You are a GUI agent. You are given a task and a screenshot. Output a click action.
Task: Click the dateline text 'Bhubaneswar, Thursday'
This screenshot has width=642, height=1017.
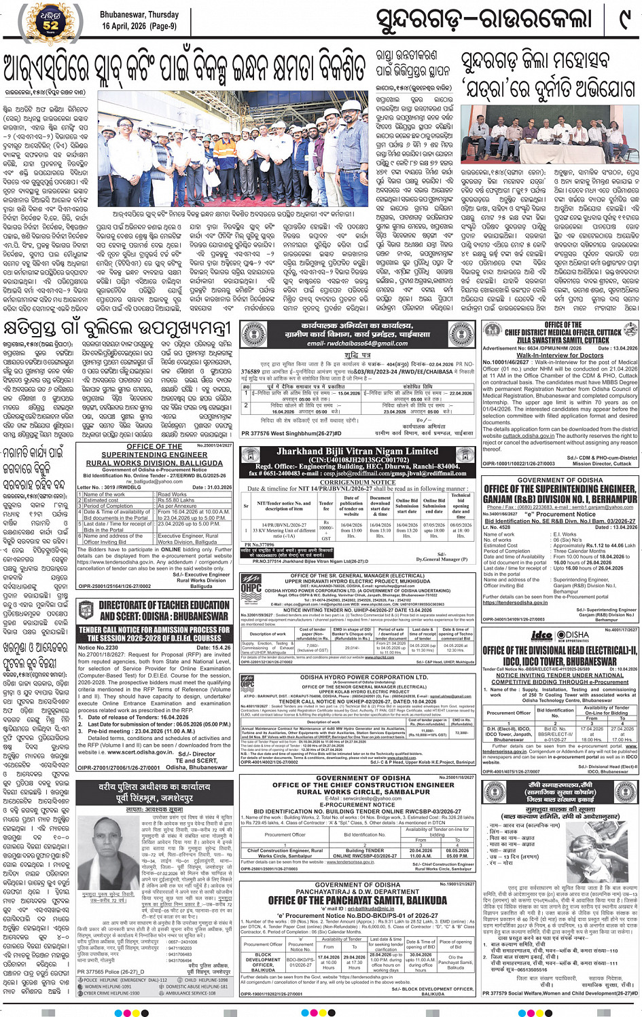(x=139, y=14)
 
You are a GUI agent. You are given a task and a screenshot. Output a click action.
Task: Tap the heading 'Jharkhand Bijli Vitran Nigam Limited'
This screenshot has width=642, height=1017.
(x=357, y=451)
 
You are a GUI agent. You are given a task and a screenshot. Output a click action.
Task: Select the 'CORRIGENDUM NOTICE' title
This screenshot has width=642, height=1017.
(x=358, y=482)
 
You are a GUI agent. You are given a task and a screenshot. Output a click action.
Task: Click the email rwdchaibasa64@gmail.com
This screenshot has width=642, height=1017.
(x=357, y=344)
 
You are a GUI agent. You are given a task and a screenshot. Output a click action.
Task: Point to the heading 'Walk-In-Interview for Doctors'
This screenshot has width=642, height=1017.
(x=559, y=355)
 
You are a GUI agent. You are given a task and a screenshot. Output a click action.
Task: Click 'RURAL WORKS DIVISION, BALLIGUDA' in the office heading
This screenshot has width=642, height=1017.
(x=154, y=462)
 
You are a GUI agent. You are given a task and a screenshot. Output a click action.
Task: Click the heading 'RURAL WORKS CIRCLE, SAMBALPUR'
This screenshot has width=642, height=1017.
(x=356, y=792)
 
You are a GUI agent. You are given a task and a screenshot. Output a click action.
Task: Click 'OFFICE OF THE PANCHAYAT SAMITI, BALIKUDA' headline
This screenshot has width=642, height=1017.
(x=357, y=901)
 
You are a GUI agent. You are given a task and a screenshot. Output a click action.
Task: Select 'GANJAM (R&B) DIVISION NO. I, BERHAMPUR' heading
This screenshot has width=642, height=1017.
(x=559, y=498)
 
